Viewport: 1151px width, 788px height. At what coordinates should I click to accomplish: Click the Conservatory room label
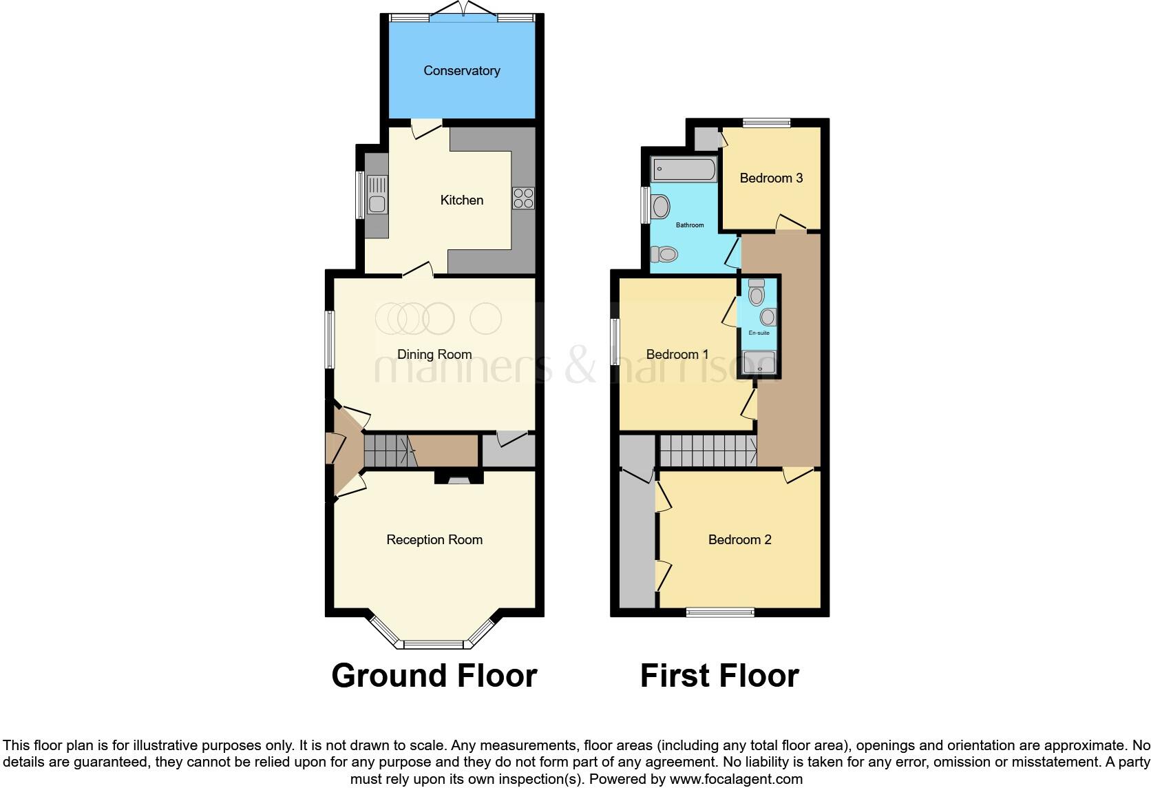[461, 71]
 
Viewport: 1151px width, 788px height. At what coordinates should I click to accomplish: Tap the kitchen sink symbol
[377, 194]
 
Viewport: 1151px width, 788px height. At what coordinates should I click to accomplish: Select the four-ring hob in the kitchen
[523, 198]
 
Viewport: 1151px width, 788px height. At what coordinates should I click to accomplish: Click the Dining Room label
[434, 355]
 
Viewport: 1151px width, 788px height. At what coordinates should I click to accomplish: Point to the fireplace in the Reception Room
[458, 477]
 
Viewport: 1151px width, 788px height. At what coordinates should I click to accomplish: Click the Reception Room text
[434, 540]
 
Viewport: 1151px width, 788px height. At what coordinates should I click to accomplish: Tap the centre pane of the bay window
[434, 645]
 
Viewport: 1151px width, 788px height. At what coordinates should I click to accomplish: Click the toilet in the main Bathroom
[665, 254]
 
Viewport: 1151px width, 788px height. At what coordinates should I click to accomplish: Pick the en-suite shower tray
[759, 363]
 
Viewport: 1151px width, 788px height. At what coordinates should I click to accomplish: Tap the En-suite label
[759, 333]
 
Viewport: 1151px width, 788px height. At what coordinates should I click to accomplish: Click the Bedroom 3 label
[771, 178]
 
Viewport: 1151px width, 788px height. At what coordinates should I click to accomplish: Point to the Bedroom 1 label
[677, 355]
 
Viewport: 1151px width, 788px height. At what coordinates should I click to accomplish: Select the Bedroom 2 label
[739, 540]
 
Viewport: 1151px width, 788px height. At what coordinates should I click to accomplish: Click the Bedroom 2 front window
[720, 612]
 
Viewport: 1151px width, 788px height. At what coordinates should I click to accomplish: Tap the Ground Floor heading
[434, 676]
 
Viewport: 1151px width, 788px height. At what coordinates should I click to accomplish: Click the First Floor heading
[719, 676]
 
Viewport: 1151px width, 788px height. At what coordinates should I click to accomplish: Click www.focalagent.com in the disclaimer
[736, 780]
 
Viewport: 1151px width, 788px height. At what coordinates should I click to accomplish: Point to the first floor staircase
[708, 450]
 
